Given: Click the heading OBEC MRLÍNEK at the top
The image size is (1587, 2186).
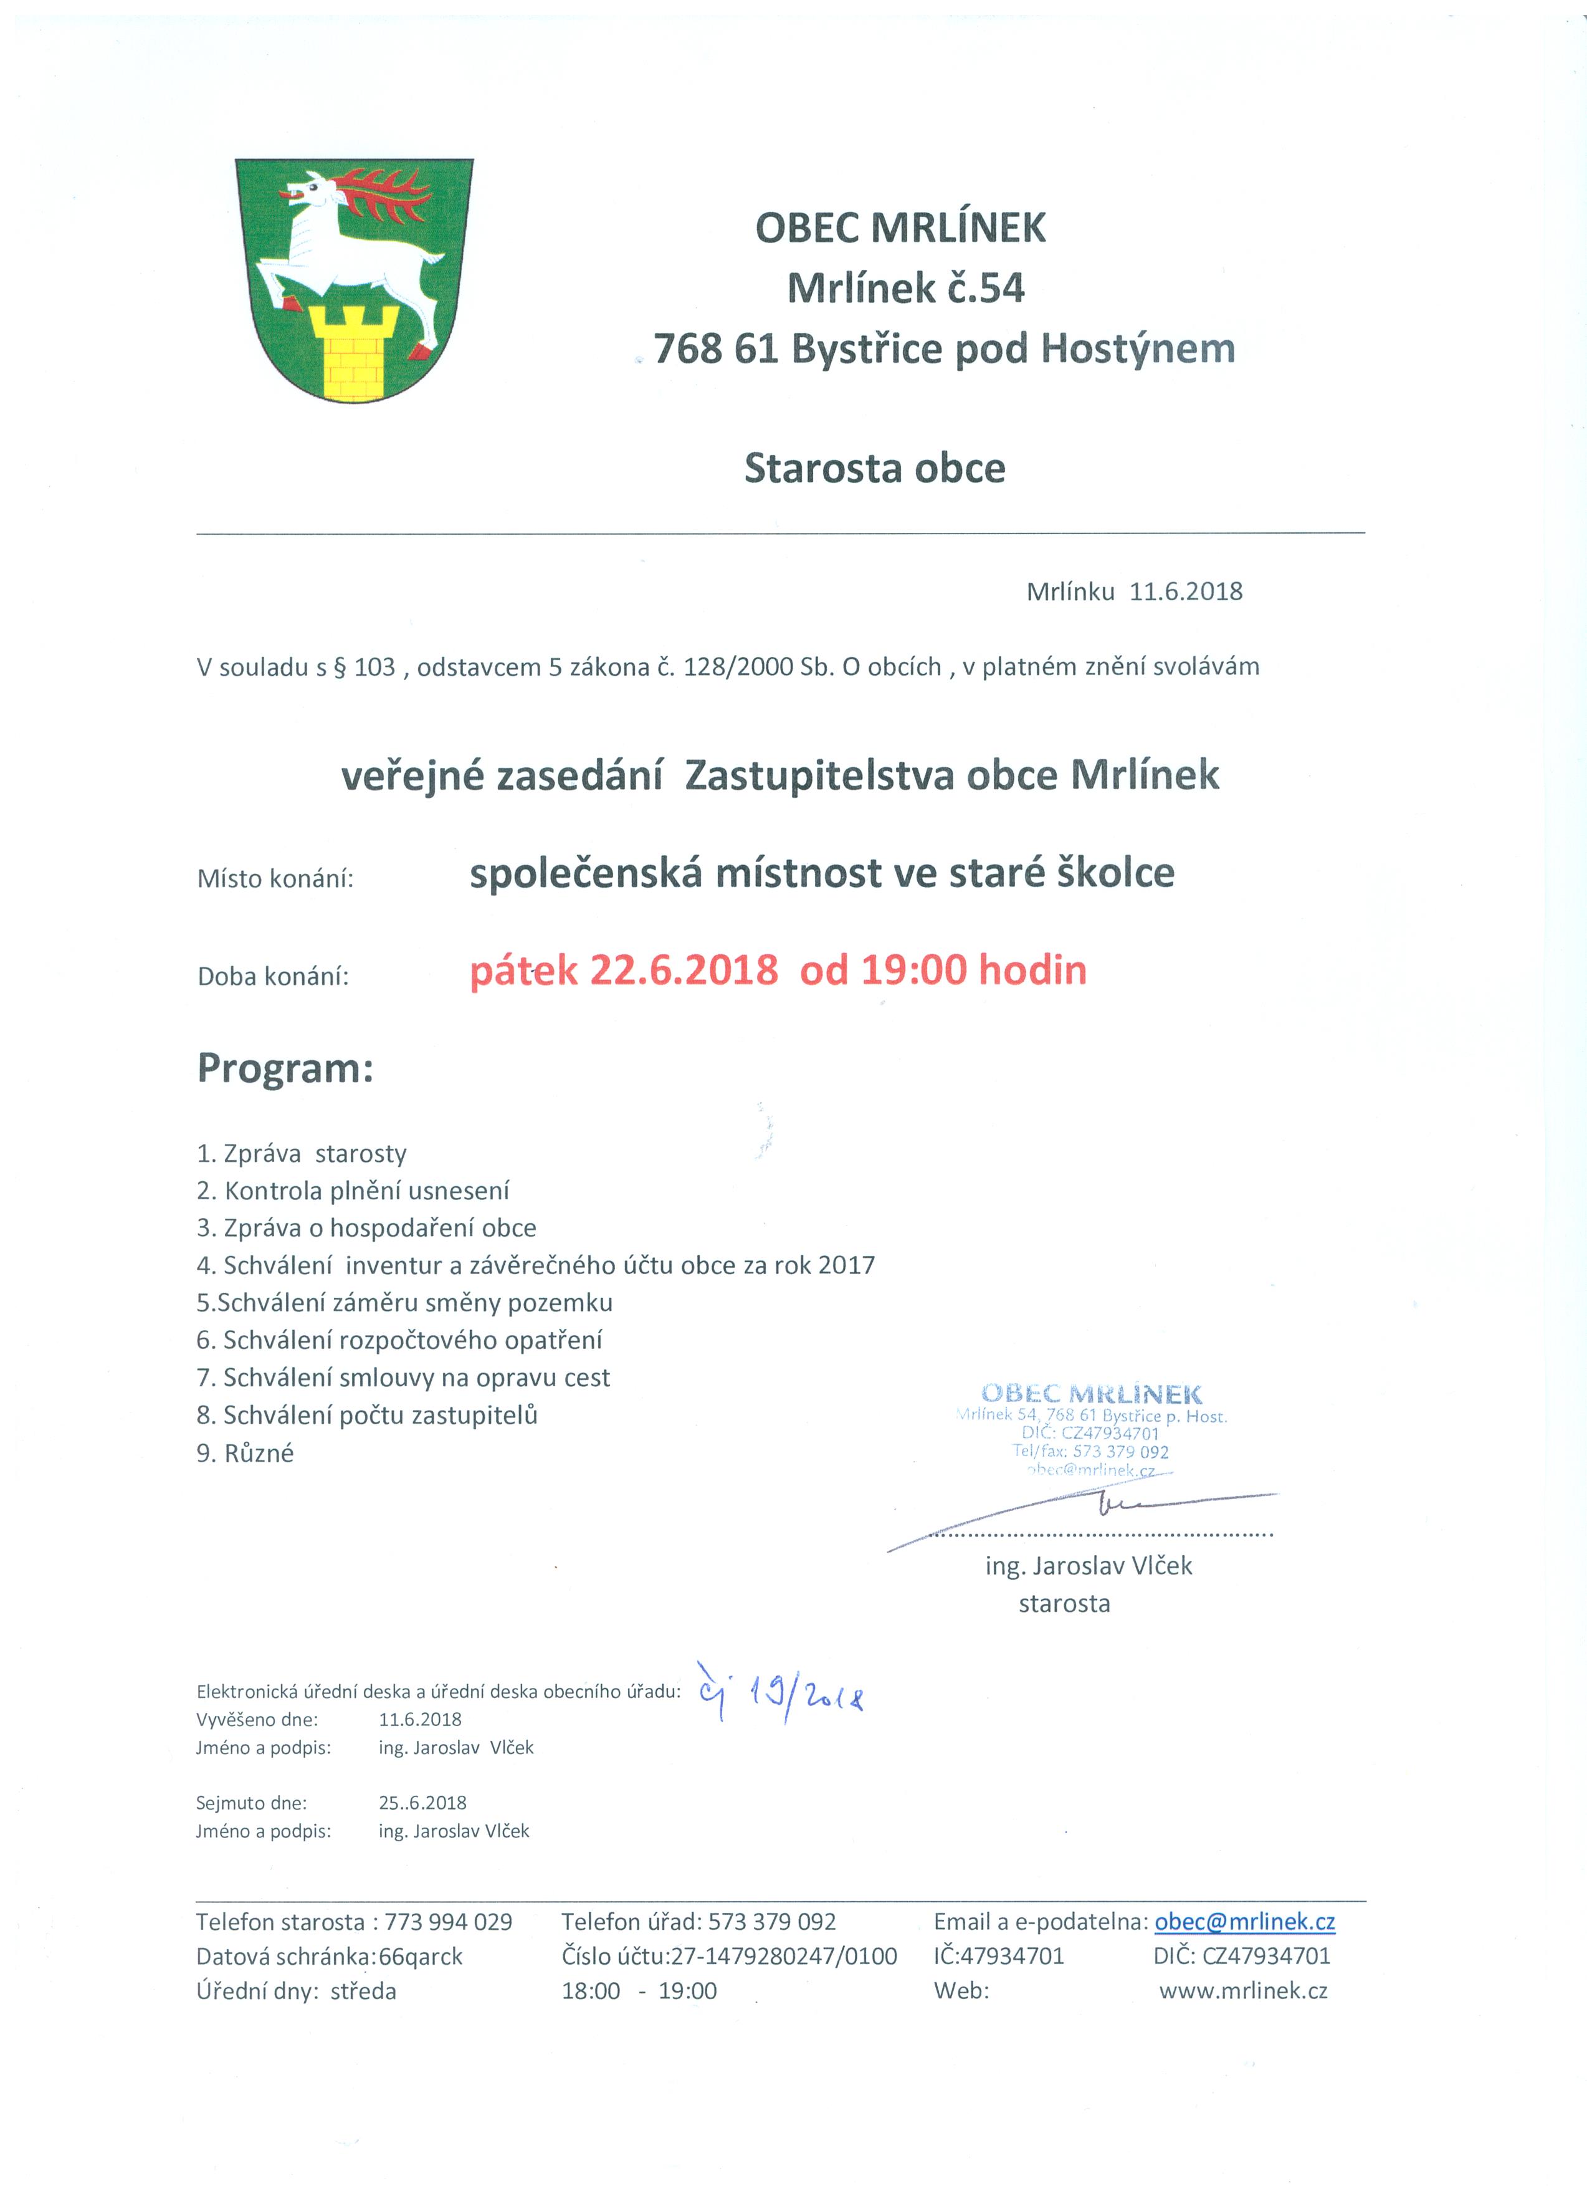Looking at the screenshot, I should pos(900,228).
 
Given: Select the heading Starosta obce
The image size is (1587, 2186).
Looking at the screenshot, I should pos(874,469).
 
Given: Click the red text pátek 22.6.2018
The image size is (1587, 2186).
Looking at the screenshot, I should pos(624,970).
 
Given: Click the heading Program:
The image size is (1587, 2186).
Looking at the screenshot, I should pos(285,1069).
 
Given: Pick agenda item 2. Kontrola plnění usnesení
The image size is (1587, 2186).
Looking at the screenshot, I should pos(353,1191).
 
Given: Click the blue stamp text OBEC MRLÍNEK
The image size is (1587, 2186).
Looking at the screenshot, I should pos(1091,1394).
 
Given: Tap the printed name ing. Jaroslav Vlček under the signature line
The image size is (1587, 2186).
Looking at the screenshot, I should pos(1088,1566).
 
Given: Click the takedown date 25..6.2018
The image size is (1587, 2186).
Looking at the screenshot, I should pos(422,1803).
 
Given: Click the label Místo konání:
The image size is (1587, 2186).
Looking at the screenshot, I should pos(275,879).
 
